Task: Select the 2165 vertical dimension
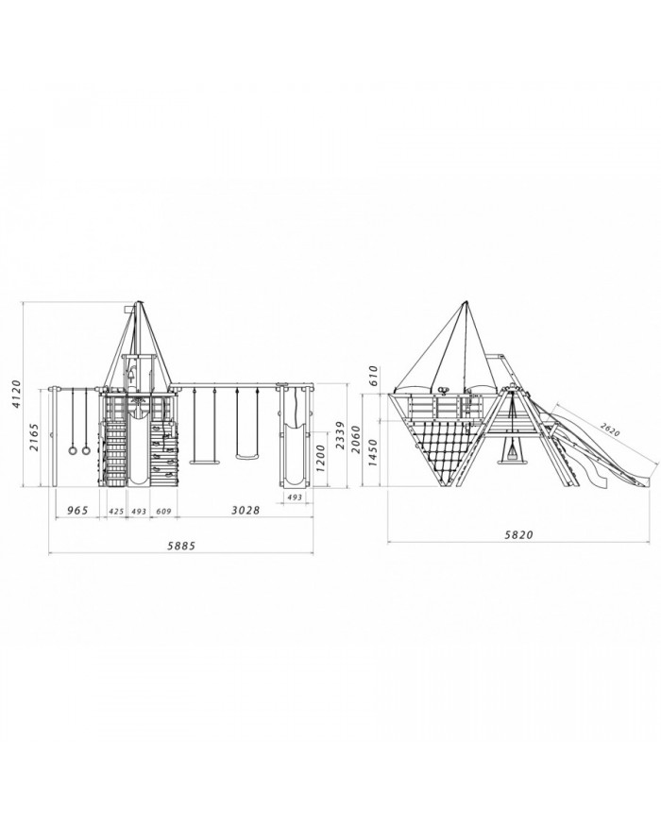click(34, 437)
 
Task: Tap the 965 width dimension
click(76, 511)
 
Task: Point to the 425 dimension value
click(116, 511)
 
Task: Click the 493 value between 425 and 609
click(139, 511)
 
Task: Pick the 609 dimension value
click(163, 511)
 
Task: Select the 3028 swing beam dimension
click(246, 511)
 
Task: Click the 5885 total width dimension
click(181, 546)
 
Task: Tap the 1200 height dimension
click(320, 458)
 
